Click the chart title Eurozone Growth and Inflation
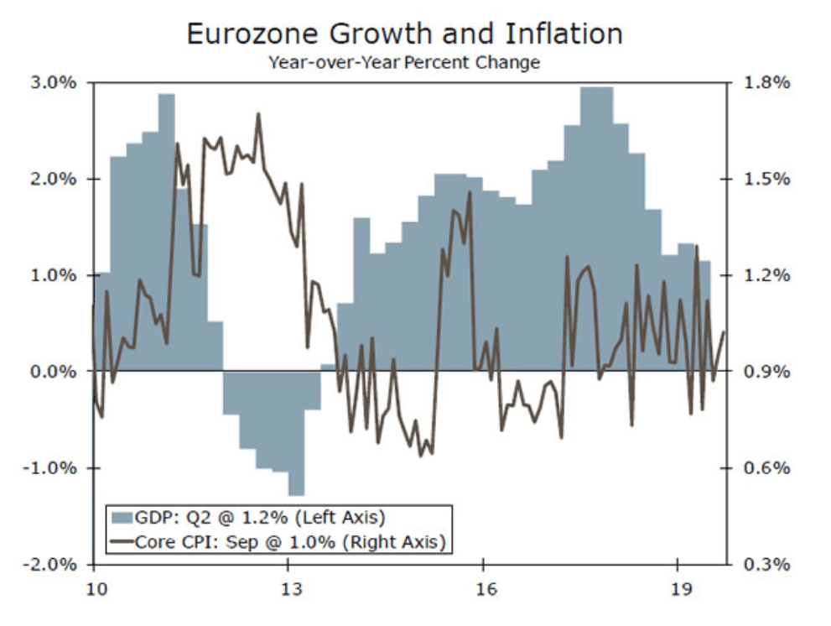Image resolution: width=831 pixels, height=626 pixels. [x=404, y=34]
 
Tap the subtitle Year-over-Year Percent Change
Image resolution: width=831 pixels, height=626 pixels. [x=403, y=62]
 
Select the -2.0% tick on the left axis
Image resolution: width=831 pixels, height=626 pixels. [x=53, y=564]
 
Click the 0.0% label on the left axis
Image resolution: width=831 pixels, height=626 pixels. [x=55, y=371]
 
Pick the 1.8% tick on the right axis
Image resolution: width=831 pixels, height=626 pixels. [x=766, y=83]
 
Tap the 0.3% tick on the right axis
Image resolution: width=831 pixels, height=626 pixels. [x=766, y=564]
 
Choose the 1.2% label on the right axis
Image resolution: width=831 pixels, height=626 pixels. [x=766, y=275]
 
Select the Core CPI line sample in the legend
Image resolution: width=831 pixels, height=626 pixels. [x=122, y=542]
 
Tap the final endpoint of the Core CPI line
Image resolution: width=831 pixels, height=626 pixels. [x=724, y=331]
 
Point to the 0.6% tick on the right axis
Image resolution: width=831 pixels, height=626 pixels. [x=766, y=467]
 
